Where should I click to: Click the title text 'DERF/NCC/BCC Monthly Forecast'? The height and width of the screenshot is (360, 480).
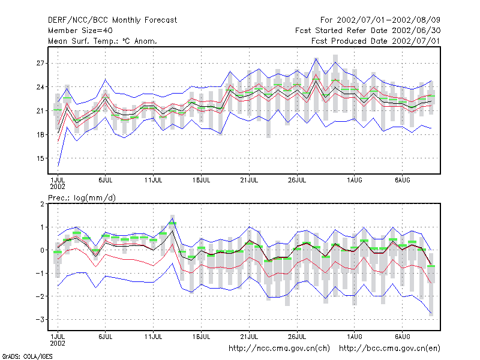click(x=112, y=20)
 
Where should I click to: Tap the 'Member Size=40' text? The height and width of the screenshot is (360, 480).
click(x=80, y=31)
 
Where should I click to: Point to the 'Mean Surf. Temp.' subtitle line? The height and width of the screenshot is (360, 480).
click(x=103, y=41)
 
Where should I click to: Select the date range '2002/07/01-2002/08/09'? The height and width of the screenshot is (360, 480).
click(x=388, y=20)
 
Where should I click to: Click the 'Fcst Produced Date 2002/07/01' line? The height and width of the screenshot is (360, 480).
click(x=376, y=41)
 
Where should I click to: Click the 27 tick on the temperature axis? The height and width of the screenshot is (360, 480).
click(x=40, y=64)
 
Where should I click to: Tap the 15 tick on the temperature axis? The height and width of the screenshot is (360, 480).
click(x=40, y=158)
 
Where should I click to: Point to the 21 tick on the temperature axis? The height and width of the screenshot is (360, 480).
click(x=40, y=111)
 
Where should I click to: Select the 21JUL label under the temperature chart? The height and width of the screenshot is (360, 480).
click(x=249, y=180)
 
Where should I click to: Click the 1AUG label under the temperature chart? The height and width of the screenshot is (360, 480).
click(x=355, y=180)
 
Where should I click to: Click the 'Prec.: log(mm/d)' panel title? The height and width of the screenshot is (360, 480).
click(x=82, y=198)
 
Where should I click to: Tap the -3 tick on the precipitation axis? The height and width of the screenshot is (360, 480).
click(x=40, y=320)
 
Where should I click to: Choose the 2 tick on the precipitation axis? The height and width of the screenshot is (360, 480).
click(x=42, y=204)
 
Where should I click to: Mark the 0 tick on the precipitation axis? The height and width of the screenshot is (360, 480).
click(x=42, y=250)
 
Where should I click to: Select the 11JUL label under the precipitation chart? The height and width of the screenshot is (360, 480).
click(x=153, y=337)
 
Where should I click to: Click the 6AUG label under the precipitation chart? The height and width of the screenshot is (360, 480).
click(x=402, y=337)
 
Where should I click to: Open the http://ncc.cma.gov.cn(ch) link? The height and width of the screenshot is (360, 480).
click(x=279, y=349)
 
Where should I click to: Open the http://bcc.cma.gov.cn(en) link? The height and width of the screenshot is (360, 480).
click(x=389, y=349)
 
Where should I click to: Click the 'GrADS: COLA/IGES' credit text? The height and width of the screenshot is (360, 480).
click(x=27, y=356)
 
